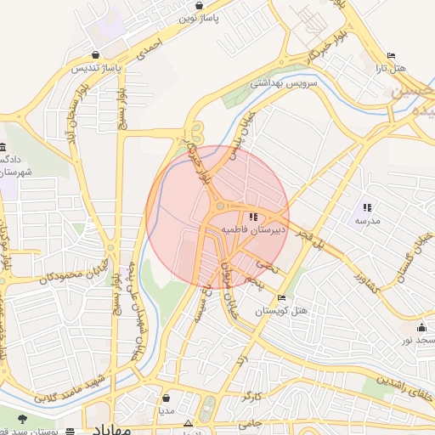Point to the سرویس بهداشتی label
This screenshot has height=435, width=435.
[283, 83]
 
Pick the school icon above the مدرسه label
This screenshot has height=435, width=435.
[367, 207]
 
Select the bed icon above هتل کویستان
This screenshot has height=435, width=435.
[281, 299]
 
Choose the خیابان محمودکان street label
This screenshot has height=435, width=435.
[50, 278]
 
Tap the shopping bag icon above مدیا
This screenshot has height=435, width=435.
[165, 397]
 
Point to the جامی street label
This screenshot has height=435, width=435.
[247, 422]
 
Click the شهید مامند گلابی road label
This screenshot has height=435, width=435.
[68, 387]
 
